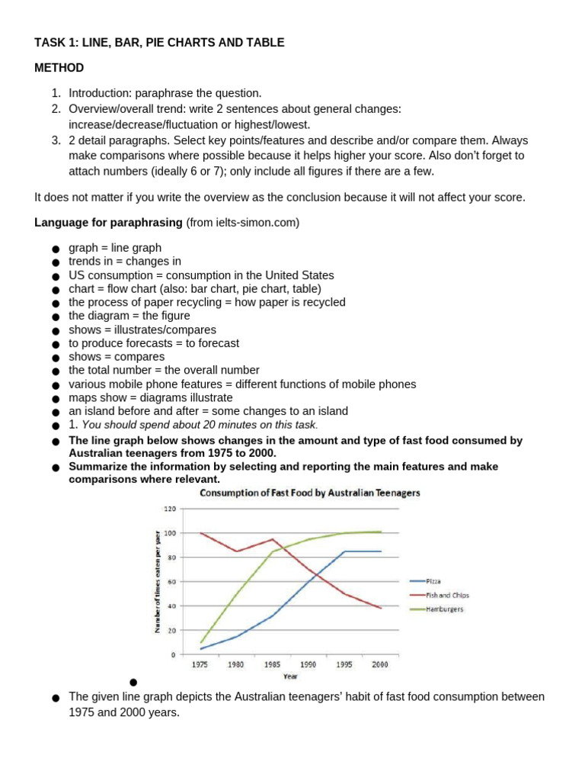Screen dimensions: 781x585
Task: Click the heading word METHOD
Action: pyautogui.click(x=59, y=68)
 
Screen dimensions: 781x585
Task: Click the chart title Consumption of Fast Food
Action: pyautogui.click(x=309, y=493)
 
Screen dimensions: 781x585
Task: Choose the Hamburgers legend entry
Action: pyautogui.click(x=446, y=609)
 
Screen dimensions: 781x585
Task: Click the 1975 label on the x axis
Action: pyautogui.click(x=200, y=664)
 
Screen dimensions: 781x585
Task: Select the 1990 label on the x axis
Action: pyautogui.click(x=308, y=664)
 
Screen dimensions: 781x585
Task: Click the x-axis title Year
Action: pyautogui.click(x=290, y=676)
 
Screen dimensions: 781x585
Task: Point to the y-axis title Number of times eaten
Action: pyautogui.click(x=158, y=581)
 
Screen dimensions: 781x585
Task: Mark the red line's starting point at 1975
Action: pyautogui.click(x=200, y=533)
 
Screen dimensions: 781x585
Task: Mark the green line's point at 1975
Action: pyautogui.click(x=200, y=642)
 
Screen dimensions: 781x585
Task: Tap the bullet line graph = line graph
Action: pyautogui.click(x=115, y=248)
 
